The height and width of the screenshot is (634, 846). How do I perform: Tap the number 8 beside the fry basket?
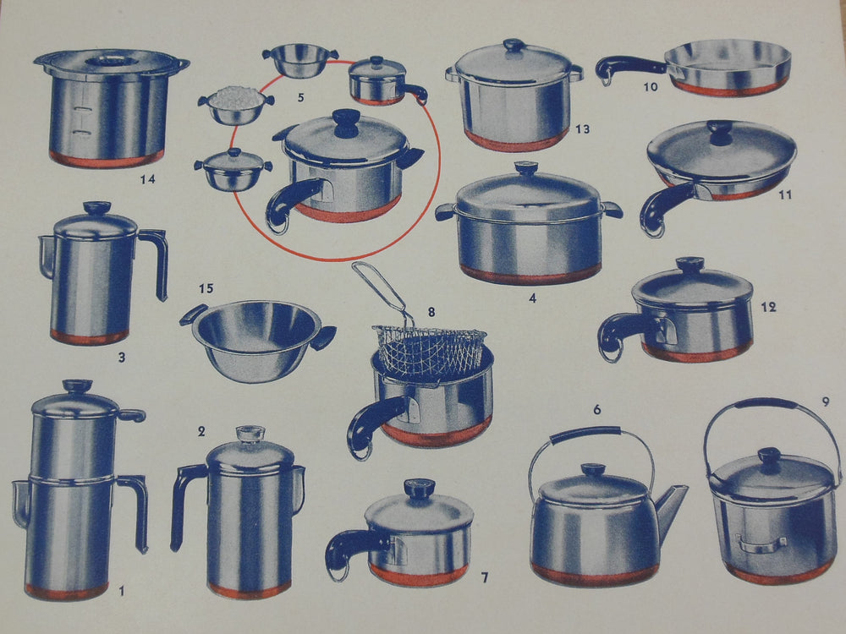(x=431, y=312)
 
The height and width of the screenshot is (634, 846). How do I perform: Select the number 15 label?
(x=206, y=289)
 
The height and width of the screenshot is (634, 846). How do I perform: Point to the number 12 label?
(x=768, y=307)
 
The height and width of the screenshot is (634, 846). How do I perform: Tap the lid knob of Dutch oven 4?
(x=526, y=169)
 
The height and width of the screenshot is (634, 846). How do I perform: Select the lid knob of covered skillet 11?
(x=721, y=130)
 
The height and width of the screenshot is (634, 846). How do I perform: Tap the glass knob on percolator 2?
(x=250, y=434)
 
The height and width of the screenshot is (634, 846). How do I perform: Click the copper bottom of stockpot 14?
(x=106, y=158)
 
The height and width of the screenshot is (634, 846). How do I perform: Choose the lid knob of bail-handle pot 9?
(x=769, y=457)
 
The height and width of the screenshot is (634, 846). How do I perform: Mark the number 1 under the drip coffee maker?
(x=121, y=591)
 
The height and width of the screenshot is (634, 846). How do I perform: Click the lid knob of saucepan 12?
(x=689, y=265)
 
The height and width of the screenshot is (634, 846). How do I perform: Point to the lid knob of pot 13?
(x=514, y=45)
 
